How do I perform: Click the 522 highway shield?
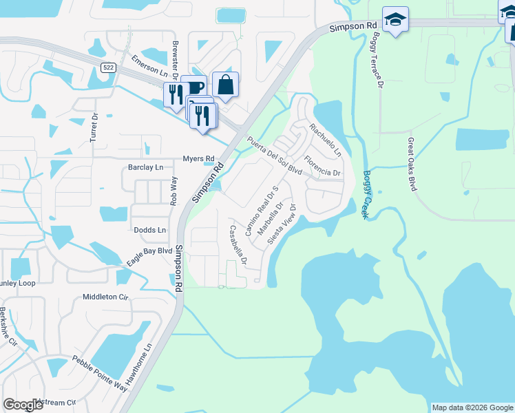tap(107, 67)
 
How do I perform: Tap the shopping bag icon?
tap(225, 85)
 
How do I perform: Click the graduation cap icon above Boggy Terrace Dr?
tap(395, 19)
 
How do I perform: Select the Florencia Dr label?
tap(322, 167)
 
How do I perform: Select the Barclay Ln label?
tap(146, 167)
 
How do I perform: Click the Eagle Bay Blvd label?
tap(149, 257)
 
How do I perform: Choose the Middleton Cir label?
tap(105, 297)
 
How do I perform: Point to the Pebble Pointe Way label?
tap(100, 372)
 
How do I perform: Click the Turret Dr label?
tap(95, 128)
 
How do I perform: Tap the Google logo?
tap(23, 405)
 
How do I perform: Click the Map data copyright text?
tap(472, 407)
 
